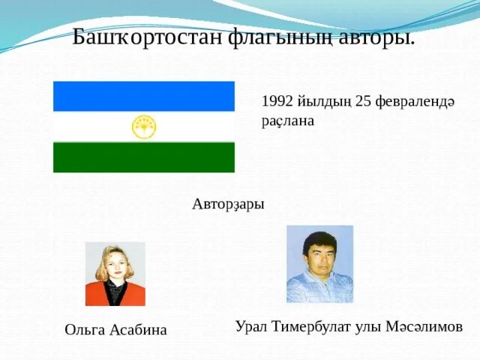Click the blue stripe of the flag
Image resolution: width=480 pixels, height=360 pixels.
click(x=143, y=96)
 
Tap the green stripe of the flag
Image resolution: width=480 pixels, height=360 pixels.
click(x=143, y=157)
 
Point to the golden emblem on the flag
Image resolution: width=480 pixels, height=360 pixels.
click(x=143, y=127)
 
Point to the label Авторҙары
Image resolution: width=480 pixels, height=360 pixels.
click(x=228, y=204)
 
